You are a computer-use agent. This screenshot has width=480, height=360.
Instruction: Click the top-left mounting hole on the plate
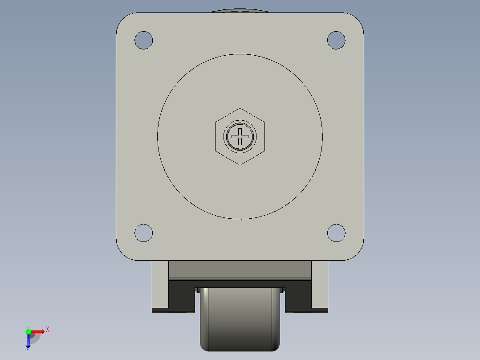coord(143,40)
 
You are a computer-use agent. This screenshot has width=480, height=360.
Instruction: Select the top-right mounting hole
coord(336,40)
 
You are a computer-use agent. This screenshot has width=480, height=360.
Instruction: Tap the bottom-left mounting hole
coord(143,233)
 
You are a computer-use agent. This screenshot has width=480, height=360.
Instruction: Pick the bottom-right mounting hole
coord(336,233)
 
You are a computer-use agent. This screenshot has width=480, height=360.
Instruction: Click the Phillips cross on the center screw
coord(240,136)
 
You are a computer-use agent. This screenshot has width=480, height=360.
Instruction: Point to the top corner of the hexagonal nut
coord(240,108)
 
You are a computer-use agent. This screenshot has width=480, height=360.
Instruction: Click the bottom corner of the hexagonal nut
coord(240,164)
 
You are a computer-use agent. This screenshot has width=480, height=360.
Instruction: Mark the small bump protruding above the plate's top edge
coord(240,11)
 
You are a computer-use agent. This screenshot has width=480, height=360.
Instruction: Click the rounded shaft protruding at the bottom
coord(240,321)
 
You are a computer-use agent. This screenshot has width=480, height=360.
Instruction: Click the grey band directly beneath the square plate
coord(240,269)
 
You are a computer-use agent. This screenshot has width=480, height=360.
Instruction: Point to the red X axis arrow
coord(38,331)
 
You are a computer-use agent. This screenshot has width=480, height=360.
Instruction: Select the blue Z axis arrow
coord(28,341)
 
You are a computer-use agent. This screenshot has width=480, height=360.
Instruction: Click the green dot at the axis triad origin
coord(28,331)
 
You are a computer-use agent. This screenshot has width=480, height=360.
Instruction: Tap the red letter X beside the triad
coord(47,330)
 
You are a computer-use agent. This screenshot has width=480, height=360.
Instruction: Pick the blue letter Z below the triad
coord(28,350)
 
